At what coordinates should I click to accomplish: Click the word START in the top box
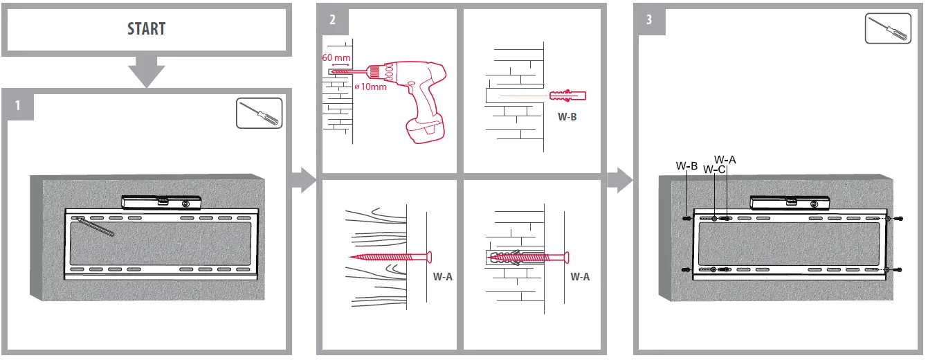146,29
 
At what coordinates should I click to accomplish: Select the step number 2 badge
332,19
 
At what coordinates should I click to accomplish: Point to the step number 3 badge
648,19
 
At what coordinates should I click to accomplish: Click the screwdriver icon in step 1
260,113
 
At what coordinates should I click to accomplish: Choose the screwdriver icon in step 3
889,30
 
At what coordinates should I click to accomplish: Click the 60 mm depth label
337,57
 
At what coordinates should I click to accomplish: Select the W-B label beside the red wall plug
567,116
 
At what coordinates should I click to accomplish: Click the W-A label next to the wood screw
443,276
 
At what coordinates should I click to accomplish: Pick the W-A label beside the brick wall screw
580,276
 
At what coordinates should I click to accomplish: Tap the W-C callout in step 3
714,170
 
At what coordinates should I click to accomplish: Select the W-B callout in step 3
686,166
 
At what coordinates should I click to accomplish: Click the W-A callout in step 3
725,160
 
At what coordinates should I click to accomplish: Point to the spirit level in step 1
161,201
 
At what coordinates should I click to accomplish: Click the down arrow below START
146,71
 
